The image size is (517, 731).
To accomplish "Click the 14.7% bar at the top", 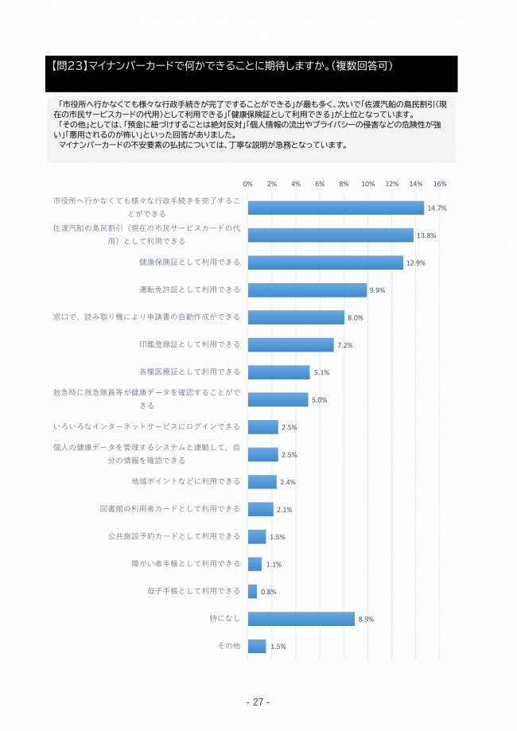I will [x=336, y=208].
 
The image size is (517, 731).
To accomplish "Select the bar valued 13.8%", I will [x=330, y=235].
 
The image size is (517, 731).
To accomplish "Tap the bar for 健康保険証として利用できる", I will [x=325, y=262].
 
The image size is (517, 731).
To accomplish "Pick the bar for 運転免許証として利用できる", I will [x=307, y=290].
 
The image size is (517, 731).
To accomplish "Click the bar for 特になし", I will [x=301, y=619].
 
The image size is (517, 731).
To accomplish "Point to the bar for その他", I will [x=257, y=646].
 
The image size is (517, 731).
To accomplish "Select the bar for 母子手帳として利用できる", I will [x=253, y=591].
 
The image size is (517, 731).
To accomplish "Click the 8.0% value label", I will [x=355, y=317].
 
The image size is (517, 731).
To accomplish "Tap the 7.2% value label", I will [x=345, y=345].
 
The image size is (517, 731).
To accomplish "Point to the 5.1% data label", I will [x=321, y=372].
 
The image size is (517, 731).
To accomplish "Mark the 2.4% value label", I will [x=288, y=482].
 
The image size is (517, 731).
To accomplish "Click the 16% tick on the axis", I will [x=440, y=184].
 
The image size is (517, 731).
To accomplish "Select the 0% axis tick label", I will [x=248, y=184].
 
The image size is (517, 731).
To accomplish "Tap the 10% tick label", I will [x=367, y=184].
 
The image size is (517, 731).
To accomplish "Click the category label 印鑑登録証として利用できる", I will [x=189, y=344].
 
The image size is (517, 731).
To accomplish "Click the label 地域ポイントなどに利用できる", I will [x=185, y=481].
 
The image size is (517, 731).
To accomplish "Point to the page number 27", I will [x=258, y=702].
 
